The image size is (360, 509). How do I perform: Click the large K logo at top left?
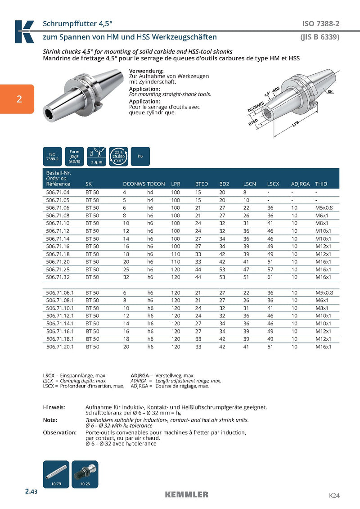pos(24,32)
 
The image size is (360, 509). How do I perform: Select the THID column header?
pos(321,184)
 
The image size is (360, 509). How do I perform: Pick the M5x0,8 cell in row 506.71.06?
pos(324,207)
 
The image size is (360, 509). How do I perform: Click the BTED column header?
pos(201,184)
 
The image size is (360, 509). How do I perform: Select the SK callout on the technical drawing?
pos(330,91)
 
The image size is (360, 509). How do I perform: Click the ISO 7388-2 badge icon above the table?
pos(52,156)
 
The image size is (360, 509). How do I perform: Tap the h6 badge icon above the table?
pos(140,156)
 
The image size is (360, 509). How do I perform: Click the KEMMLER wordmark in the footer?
pos(186,495)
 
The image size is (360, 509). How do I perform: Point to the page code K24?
pos(333,495)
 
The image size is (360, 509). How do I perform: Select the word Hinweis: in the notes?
pos(54,407)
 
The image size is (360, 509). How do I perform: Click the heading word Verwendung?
pos(146,71)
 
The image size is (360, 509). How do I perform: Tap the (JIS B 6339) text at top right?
pos(319,37)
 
